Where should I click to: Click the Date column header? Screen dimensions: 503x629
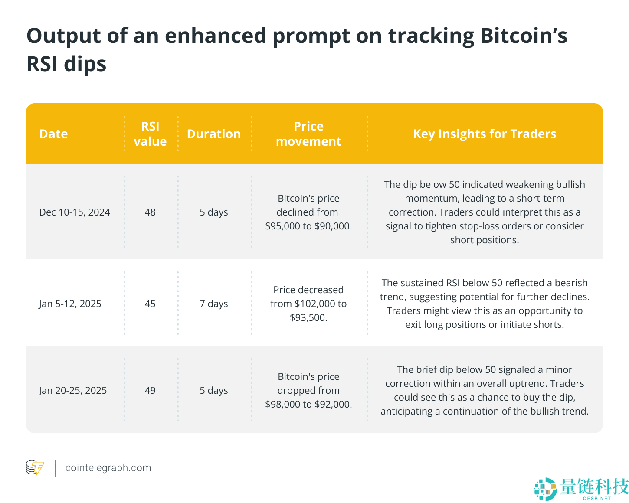[x=53, y=134]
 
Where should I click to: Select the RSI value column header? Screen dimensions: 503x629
[x=150, y=134]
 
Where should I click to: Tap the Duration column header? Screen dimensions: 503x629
[x=213, y=134]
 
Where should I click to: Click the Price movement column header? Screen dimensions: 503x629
[x=308, y=134]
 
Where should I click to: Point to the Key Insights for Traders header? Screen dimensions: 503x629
[x=485, y=134]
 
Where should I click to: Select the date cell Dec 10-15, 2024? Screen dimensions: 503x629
[x=75, y=212]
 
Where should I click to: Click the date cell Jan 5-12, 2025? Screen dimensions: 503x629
[x=70, y=304]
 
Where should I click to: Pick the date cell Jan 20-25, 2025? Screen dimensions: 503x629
[x=73, y=390]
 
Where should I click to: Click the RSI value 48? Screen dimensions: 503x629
[x=150, y=212]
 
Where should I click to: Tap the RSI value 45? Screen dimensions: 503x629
[x=150, y=304]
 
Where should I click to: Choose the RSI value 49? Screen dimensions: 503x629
[x=150, y=390]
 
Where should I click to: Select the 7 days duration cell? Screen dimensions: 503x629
[x=213, y=304]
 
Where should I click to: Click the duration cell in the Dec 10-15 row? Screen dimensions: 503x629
[x=213, y=212]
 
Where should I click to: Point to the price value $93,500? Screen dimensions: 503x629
[x=308, y=317]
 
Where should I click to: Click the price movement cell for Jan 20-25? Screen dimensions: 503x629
[x=308, y=390]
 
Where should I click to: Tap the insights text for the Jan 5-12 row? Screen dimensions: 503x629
[x=485, y=304]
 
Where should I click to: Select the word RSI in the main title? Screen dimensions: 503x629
[x=42, y=64]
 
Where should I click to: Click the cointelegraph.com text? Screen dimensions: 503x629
[x=108, y=468]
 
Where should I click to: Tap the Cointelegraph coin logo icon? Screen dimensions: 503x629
[x=35, y=468]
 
